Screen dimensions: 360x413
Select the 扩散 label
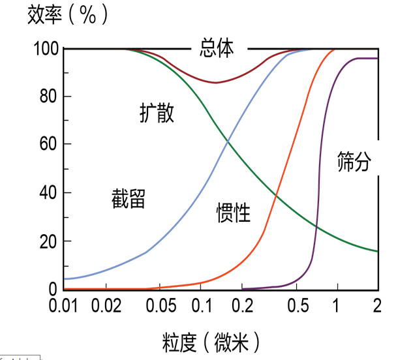click(x=157, y=112)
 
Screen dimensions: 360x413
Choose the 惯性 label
click(x=234, y=212)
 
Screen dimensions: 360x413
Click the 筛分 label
click(x=354, y=161)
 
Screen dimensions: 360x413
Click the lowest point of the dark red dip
click(x=215, y=83)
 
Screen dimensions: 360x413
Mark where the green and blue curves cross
click(x=227, y=143)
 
